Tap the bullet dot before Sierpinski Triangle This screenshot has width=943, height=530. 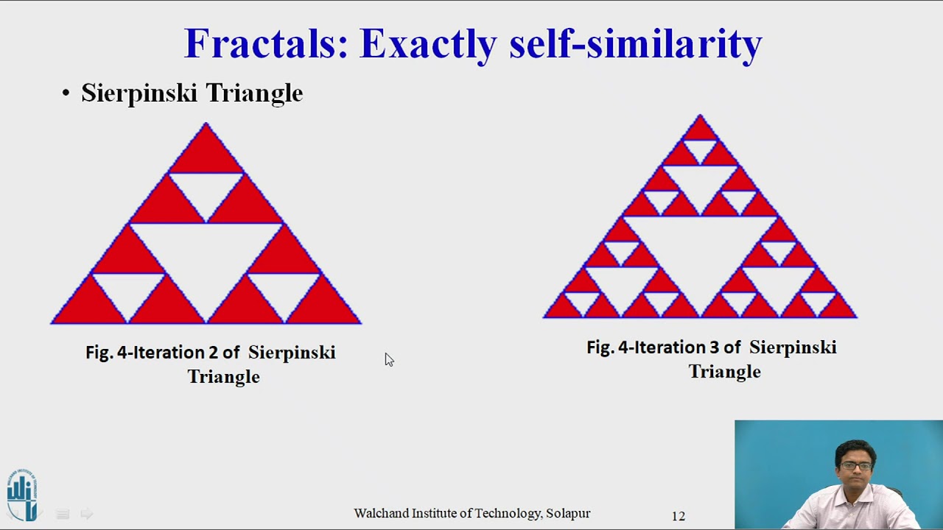pos(66,93)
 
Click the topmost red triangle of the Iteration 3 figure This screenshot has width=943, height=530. pos(700,131)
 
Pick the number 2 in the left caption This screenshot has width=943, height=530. pos(213,353)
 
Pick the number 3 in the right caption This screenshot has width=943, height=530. pos(714,347)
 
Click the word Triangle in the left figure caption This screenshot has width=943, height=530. pos(223,377)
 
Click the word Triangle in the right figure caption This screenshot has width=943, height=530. pos(724,372)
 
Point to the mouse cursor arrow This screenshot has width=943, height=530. pos(388,358)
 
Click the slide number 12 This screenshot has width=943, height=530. pos(678,516)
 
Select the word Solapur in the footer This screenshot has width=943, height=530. pos(568,513)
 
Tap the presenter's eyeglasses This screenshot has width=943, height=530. pos(855,465)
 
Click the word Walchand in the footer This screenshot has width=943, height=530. pos(380,513)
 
